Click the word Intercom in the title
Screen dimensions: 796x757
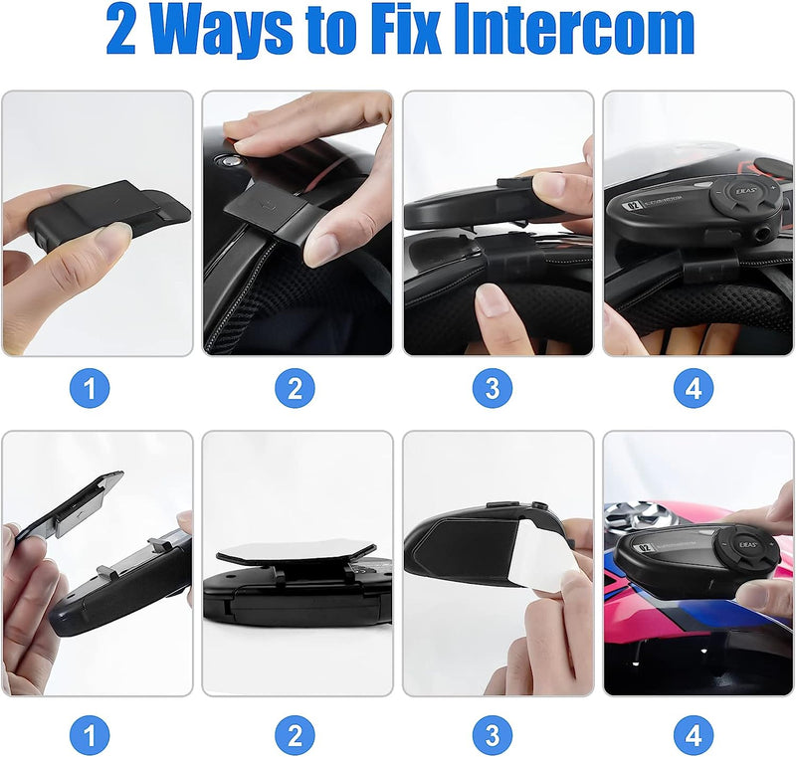(x=574, y=29)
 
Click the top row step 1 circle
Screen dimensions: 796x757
(x=90, y=389)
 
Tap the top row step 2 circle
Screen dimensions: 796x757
(x=295, y=389)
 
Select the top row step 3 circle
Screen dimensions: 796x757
(x=493, y=389)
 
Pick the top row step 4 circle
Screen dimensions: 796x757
(x=694, y=389)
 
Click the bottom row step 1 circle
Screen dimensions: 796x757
(x=90, y=735)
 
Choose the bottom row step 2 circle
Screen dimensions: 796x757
(x=295, y=735)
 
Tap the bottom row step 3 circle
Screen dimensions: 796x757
(x=493, y=735)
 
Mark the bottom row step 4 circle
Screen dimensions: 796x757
(x=694, y=735)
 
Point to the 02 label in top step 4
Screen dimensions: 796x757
(x=633, y=206)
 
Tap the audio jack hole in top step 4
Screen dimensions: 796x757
(x=760, y=234)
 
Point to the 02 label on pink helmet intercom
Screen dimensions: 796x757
(x=644, y=548)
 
